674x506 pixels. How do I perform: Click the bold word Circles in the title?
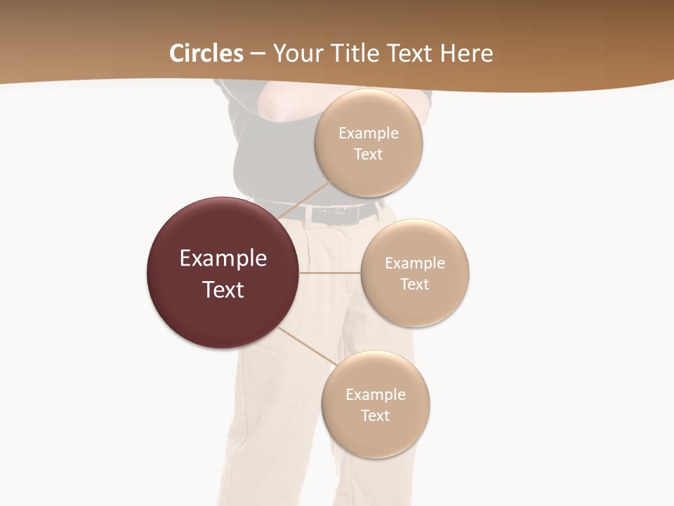206,53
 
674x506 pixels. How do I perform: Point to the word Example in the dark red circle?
223,259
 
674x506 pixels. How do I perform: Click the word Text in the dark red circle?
223,290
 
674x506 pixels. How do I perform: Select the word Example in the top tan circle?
369,134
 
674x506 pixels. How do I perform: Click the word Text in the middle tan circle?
414,285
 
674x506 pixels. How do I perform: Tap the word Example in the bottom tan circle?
375,395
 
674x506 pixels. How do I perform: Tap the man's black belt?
365,212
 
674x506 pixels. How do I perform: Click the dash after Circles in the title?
258,54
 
